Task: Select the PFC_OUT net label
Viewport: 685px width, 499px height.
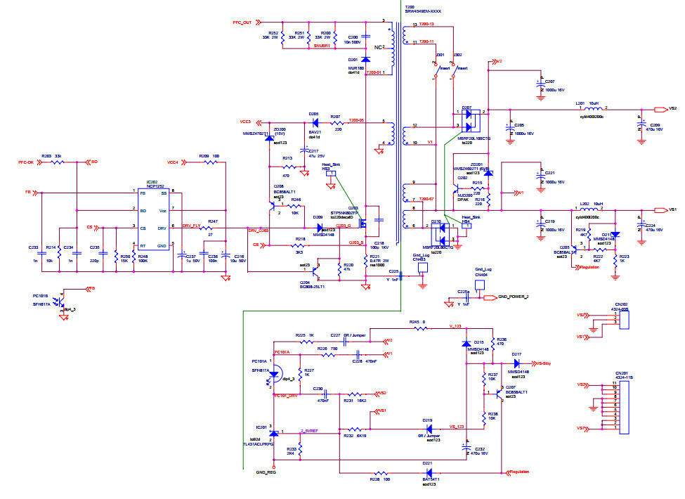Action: coord(242,22)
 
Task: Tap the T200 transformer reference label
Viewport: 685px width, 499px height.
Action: coord(410,6)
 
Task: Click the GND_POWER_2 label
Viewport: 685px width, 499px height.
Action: coord(512,297)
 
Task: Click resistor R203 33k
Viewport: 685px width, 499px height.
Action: coord(58,162)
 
